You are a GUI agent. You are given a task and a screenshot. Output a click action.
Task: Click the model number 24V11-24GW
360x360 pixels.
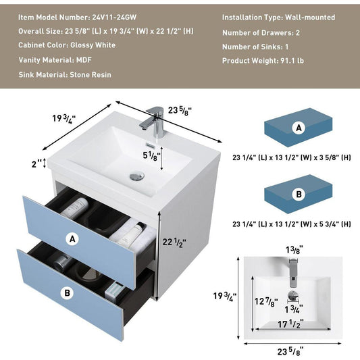114,17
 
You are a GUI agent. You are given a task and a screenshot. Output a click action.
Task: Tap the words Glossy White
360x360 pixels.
93,45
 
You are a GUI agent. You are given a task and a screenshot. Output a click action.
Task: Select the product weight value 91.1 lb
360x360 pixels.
292,61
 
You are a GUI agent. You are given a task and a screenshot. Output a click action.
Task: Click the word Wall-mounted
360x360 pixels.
310,17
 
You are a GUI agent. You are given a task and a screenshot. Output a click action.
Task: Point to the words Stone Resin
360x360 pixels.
91,74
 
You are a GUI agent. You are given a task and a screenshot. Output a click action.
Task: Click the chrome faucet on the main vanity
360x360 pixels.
153,122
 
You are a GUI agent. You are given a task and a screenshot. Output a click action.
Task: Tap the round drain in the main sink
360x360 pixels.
137,176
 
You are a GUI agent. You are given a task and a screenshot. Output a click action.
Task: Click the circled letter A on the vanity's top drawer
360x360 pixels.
72,239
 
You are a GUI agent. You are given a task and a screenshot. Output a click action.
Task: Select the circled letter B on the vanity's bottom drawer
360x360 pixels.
67,293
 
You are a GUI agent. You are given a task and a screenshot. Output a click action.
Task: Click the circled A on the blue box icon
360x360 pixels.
299,128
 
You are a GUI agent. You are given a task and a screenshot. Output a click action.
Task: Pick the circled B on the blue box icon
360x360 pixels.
299,195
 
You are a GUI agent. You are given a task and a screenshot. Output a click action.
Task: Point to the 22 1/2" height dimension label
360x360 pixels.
174,242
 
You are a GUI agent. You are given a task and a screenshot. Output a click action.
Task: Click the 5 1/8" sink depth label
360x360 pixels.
151,156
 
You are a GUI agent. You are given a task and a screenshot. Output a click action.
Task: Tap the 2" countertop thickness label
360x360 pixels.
36,164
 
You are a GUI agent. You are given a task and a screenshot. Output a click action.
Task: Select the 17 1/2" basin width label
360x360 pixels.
290,324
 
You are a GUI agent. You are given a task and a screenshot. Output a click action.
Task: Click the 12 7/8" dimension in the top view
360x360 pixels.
266,302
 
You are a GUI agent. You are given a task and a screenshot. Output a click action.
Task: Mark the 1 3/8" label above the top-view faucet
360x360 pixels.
294,249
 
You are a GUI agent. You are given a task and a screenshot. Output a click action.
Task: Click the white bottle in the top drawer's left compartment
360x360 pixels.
74,208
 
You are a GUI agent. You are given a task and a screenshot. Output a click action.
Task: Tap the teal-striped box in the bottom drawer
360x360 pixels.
115,290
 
